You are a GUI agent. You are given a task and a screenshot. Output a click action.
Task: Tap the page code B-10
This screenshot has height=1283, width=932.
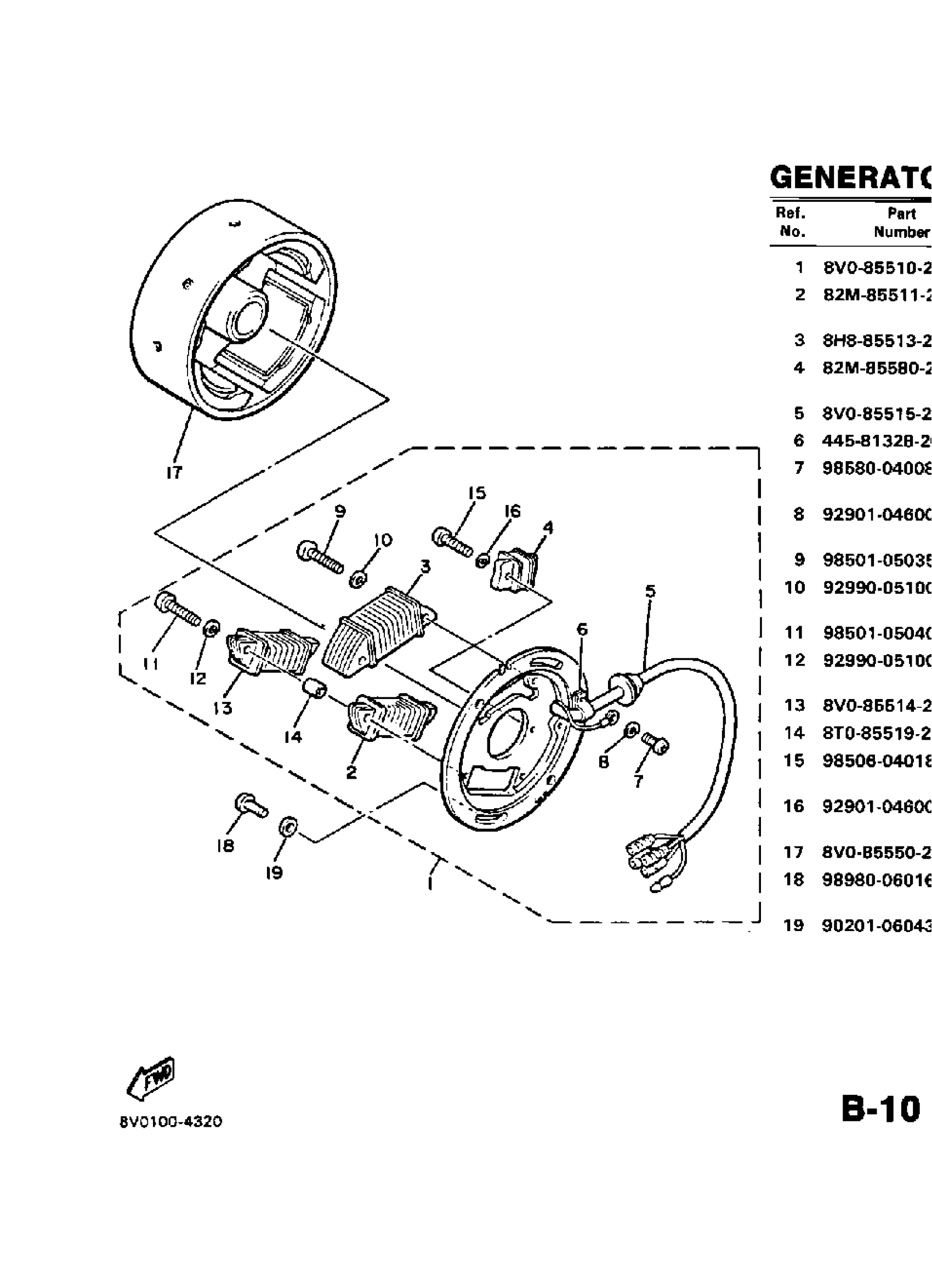881,1109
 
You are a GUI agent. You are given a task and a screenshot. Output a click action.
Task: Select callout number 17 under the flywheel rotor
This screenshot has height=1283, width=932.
174,471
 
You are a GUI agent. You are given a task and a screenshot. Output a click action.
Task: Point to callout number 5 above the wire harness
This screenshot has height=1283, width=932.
650,591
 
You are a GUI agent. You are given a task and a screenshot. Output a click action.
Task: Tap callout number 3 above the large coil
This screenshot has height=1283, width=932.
425,567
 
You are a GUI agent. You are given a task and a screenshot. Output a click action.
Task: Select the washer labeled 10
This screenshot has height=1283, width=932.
359,578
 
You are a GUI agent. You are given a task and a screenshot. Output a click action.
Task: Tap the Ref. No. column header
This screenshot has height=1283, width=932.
792,222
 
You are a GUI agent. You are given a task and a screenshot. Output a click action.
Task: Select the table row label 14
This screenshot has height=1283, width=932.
794,733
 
